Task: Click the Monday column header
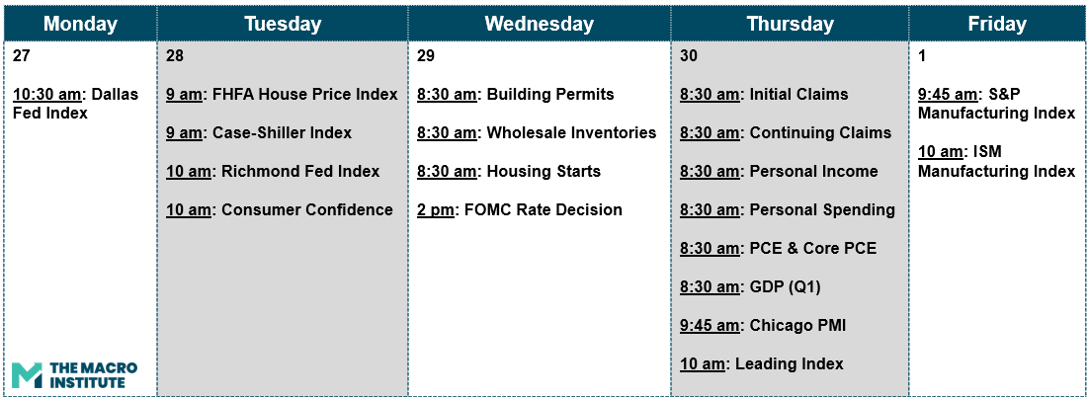[80, 25]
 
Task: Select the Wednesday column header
[540, 25]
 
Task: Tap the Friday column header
[996, 25]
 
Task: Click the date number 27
[22, 56]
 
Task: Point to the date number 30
[689, 56]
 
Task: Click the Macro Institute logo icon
[27, 374]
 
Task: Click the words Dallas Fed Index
[76, 104]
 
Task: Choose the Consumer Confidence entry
[280, 209]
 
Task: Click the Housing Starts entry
[509, 171]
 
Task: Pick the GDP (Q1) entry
[750, 287]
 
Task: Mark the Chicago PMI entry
[763, 325]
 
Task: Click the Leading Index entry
[761, 364]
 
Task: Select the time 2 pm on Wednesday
[436, 209]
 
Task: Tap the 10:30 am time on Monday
[44, 94]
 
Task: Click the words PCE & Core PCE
[813, 248]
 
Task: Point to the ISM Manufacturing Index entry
[996, 161]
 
